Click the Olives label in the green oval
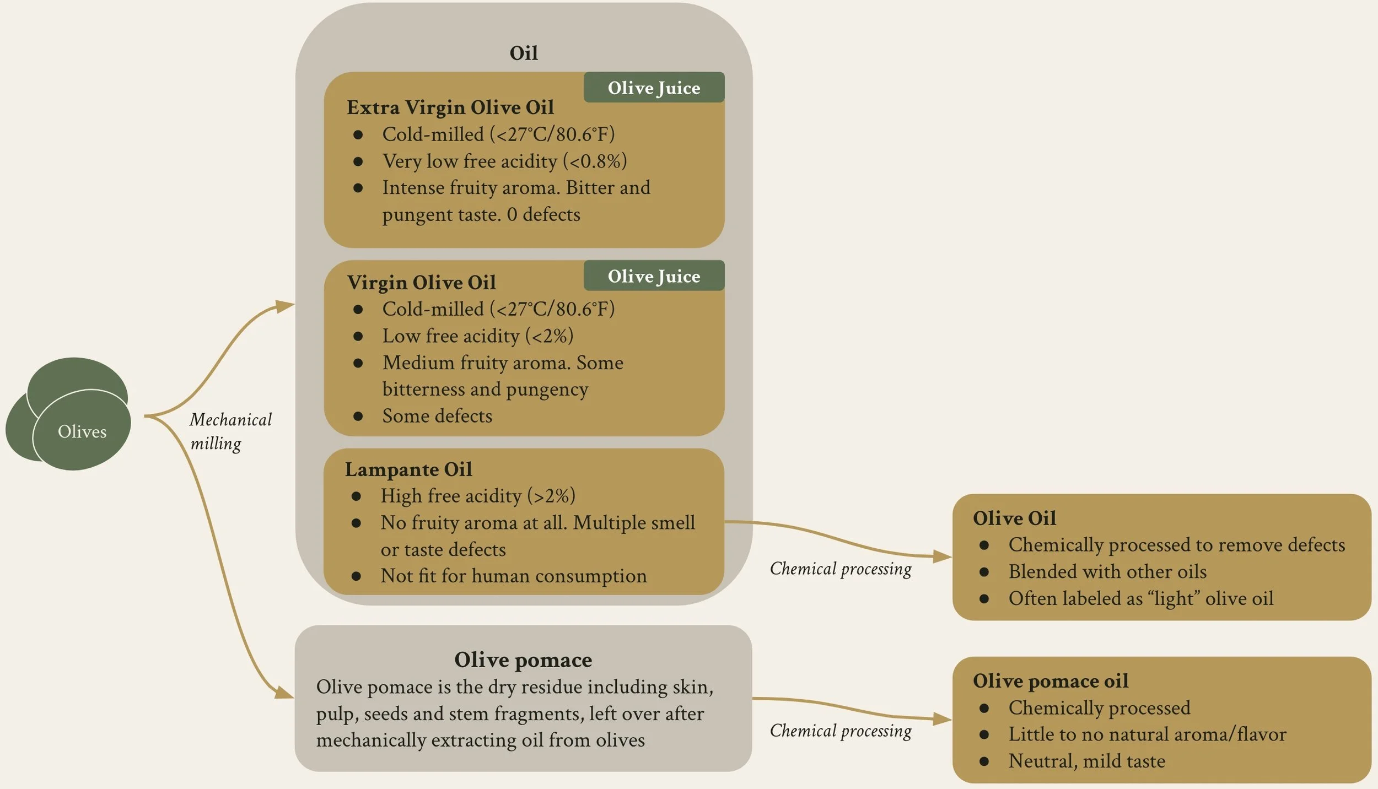(82, 431)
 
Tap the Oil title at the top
(523, 53)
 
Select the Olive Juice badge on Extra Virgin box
(654, 88)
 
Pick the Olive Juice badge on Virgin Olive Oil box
(654, 276)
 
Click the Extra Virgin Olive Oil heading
(450, 107)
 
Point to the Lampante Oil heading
(408, 469)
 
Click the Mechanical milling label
(230, 431)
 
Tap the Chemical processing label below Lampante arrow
(840, 569)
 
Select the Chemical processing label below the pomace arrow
(840, 731)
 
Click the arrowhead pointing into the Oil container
(286, 305)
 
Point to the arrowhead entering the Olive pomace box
(284, 692)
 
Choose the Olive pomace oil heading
(1050, 681)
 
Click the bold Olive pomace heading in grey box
(523, 660)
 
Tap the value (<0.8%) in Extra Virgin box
(595, 161)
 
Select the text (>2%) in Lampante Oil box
(551, 496)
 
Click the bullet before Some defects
(358, 417)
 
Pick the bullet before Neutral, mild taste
(984, 761)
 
